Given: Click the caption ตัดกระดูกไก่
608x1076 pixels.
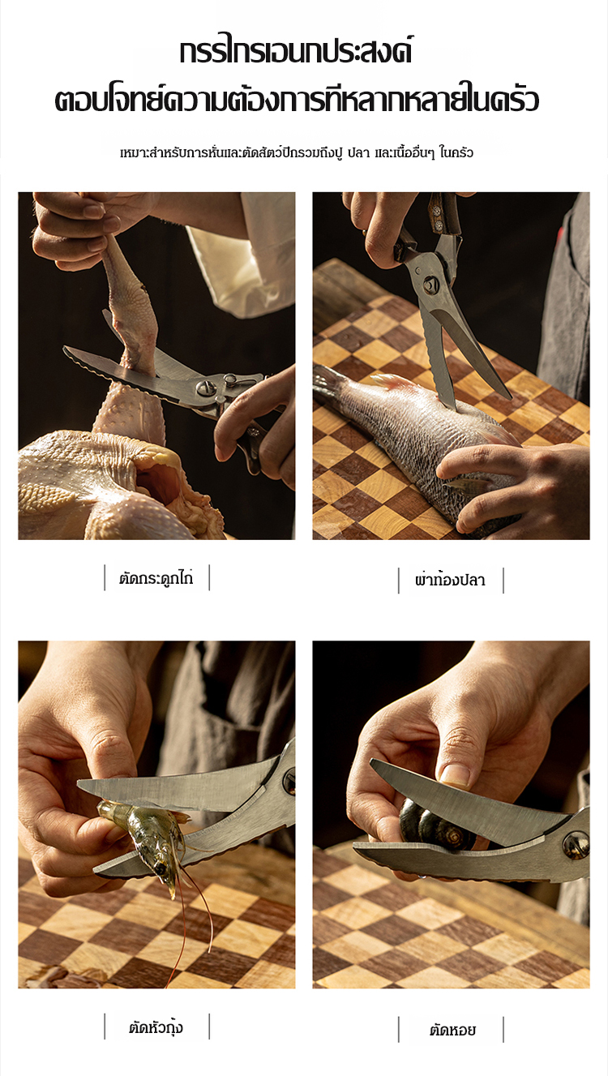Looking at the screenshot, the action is pyautogui.click(x=156, y=578).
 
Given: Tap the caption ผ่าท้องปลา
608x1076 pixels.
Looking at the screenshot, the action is pyautogui.click(x=451, y=581).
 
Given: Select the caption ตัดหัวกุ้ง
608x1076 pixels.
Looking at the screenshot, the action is pyautogui.click(x=156, y=1028).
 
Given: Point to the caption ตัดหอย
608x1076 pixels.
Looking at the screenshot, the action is pyautogui.click(x=452, y=1031).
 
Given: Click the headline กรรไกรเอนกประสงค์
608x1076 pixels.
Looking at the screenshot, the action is pyautogui.click(x=295, y=53).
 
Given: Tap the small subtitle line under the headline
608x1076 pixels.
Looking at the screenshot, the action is pyautogui.click(x=297, y=152).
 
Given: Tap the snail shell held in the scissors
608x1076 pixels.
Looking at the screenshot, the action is pyautogui.click(x=435, y=826).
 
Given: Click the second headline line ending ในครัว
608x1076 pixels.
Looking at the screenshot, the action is pyautogui.click(x=297, y=101).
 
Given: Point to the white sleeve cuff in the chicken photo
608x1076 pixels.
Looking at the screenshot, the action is pyautogui.click(x=240, y=269).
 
